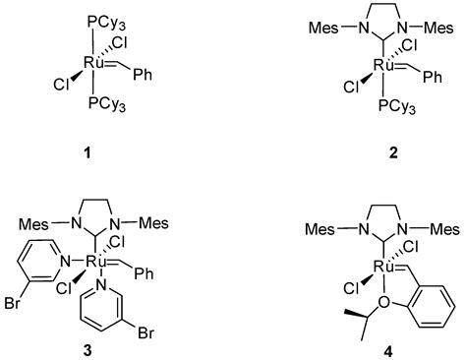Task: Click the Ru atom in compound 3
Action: click(x=94, y=262)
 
